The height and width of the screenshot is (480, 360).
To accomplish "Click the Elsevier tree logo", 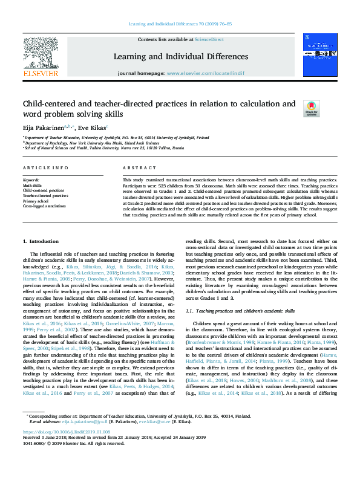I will pos(41,56).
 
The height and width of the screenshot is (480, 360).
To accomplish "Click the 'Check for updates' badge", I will pos(311,109).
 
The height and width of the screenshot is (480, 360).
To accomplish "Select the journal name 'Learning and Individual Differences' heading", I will pos(180,56).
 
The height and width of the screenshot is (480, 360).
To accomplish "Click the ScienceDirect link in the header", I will pos(209,39).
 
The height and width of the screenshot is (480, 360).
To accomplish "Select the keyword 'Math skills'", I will pos(33,185).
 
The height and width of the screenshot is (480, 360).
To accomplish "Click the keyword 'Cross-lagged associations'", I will pos(45,206).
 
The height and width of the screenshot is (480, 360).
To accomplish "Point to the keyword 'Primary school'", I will pos(36,201).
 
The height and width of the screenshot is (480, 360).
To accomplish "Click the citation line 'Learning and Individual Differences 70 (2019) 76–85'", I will pos(180,25).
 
